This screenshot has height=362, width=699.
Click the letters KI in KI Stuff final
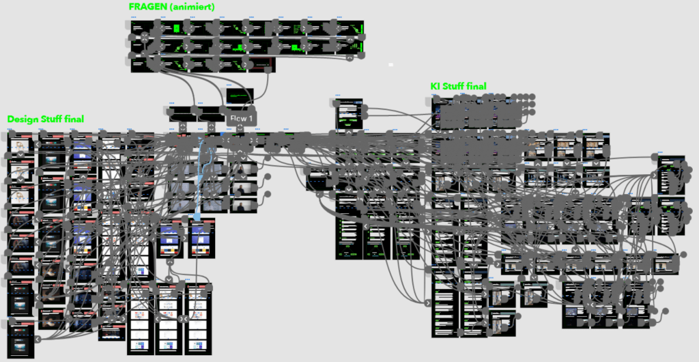[435, 86]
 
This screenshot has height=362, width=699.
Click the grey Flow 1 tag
[241, 119]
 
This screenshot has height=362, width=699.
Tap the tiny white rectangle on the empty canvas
[391, 64]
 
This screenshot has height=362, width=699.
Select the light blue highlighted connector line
[199, 178]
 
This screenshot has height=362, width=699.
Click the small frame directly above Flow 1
[240, 95]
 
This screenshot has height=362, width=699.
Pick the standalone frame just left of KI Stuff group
[348, 113]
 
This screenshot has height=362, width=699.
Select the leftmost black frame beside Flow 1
[179, 112]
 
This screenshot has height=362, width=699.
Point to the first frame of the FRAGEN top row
[142, 28]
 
